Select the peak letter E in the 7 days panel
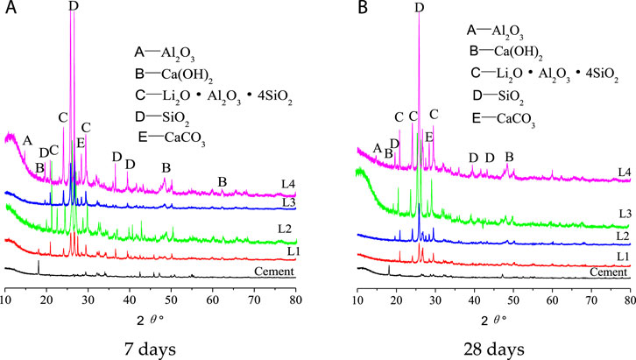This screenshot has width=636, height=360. (81, 143)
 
